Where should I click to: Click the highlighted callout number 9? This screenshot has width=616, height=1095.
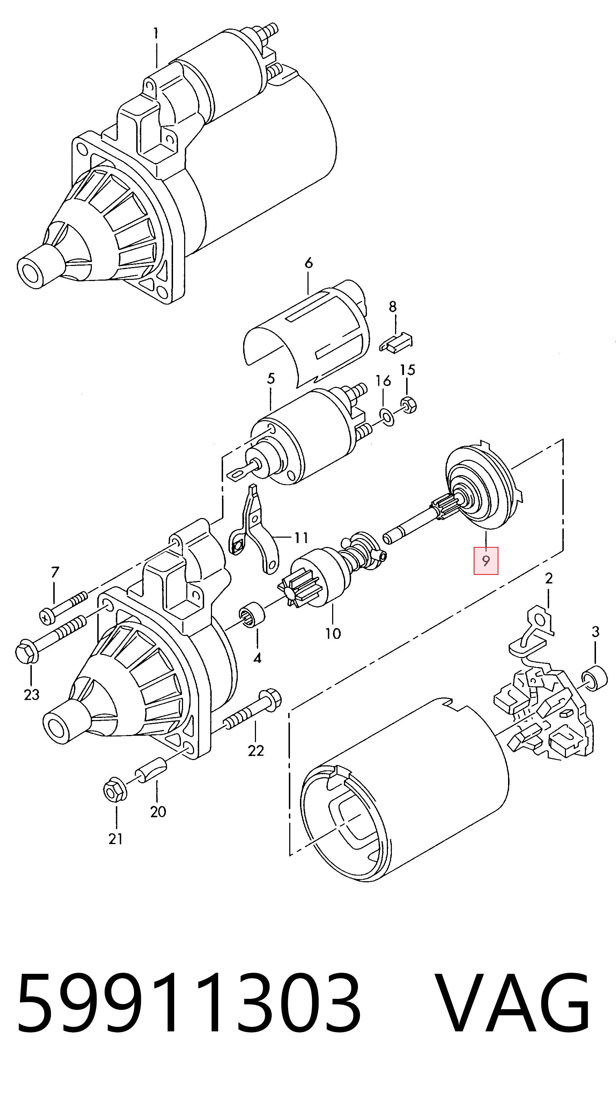pos(486,561)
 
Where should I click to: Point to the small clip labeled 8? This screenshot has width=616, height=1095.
pos(395,342)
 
